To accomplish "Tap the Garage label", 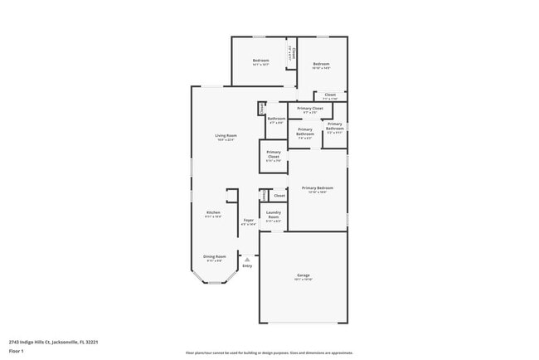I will [303, 275].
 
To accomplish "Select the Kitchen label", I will [213, 212].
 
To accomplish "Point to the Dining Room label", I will [214, 256].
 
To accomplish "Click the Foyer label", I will [248, 220].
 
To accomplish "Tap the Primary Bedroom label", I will [318, 187].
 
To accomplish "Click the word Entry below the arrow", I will [247, 266].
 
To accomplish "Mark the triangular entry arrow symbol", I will [246, 259].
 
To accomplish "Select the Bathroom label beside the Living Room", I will [276, 119].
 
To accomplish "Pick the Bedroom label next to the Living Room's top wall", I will [260, 61].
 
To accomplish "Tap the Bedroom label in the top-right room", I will [321, 64].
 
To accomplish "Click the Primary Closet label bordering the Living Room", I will [274, 153].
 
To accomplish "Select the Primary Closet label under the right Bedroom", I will [311, 109].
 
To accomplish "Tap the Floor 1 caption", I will [17, 351].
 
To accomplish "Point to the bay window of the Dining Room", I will [215, 282].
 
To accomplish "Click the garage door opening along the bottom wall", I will [303, 323].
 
